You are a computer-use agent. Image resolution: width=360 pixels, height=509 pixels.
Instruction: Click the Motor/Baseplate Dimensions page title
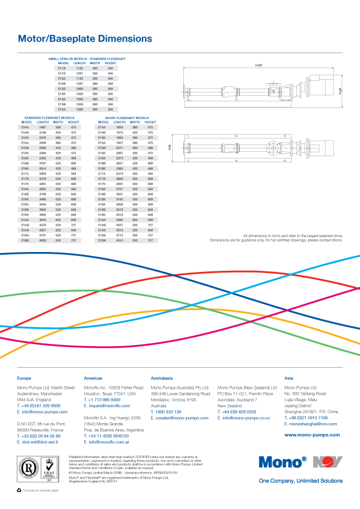click(x=85, y=39)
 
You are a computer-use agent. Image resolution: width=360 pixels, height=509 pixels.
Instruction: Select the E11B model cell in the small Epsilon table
click(x=62, y=68)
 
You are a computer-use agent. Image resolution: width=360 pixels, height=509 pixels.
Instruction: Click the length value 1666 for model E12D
click(x=79, y=89)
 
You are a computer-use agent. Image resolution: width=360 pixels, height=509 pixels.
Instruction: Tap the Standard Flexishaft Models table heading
click(x=49, y=118)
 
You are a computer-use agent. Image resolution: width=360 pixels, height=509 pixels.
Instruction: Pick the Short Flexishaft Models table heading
click(x=127, y=118)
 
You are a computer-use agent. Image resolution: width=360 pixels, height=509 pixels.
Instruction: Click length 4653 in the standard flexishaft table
click(x=43, y=240)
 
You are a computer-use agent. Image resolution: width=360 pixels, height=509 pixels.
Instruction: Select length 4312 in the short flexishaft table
click(x=119, y=240)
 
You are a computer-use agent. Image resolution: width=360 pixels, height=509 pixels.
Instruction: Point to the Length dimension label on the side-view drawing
click(x=259, y=65)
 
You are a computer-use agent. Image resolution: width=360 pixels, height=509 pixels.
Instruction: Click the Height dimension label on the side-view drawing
click(x=341, y=91)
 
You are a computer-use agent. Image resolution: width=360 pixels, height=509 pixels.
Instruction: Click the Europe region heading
click(x=24, y=378)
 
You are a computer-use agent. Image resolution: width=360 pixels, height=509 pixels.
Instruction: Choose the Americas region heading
click(x=93, y=378)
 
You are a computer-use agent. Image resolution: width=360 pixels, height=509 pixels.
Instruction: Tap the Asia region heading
click(x=289, y=378)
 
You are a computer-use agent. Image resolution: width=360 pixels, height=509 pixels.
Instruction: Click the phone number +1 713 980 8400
click(x=104, y=399)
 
